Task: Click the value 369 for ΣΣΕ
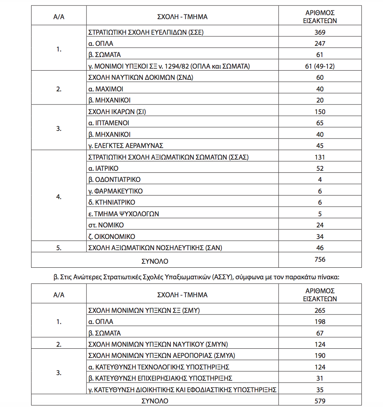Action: point(320,32)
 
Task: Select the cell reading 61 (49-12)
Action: point(320,66)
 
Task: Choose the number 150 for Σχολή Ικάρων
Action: point(320,112)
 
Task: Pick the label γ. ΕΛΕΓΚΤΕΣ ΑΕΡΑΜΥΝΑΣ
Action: point(125,146)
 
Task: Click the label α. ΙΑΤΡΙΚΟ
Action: point(103,168)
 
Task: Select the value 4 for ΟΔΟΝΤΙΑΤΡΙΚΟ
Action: point(320,180)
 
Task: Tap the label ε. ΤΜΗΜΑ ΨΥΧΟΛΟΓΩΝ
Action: point(123,214)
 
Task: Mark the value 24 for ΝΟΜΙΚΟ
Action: point(320,225)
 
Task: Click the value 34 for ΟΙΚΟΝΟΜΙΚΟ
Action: point(320,237)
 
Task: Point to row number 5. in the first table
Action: point(59,248)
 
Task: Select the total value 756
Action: point(320,260)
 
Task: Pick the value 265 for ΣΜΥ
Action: point(320,310)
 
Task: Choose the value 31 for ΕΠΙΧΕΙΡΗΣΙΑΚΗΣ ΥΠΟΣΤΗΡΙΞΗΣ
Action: point(320,378)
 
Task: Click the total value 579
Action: point(320,401)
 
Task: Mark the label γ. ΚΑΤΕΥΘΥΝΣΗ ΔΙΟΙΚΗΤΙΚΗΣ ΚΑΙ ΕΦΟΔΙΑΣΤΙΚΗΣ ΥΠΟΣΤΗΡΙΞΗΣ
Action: point(182,389)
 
